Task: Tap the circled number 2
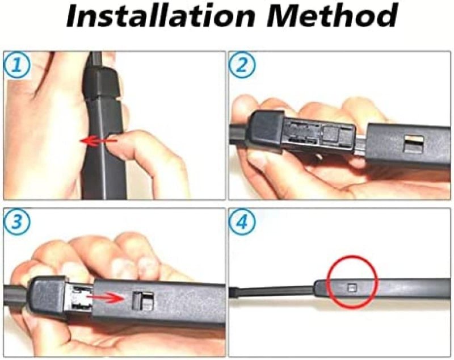coord(242,65)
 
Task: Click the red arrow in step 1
coord(98,141)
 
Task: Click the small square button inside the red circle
coord(352,288)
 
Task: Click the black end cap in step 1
coord(102,82)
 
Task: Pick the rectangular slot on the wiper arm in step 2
coord(414,144)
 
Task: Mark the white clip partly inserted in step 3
coord(81,299)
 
